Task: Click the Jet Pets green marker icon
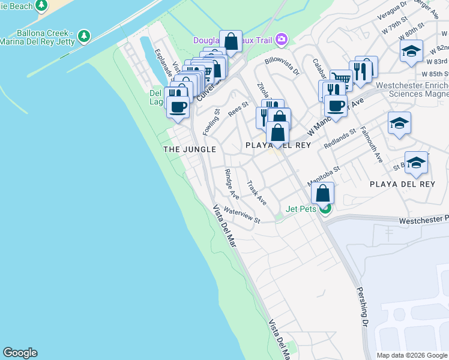pyautogui.click(x=325, y=209)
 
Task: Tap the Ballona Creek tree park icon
pyautogui.click(x=85, y=36)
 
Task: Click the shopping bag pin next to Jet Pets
pyautogui.click(x=323, y=193)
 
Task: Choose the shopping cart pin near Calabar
pyautogui.click(x=340, y=79)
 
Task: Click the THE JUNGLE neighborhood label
pyautogui.click(x=190, y=149)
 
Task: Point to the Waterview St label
pyautogui.click(x=241, y=215)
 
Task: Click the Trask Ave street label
pyautogui.click(x=257, y=194)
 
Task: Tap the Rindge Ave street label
pyautogui.click(x=232, y=184)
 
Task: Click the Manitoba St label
pyautogui.click(x=324, y=176)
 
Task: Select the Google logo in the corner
pyautogui.click(x=20, y=353)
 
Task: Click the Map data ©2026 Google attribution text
pyautogui.click(x=411, y=355)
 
